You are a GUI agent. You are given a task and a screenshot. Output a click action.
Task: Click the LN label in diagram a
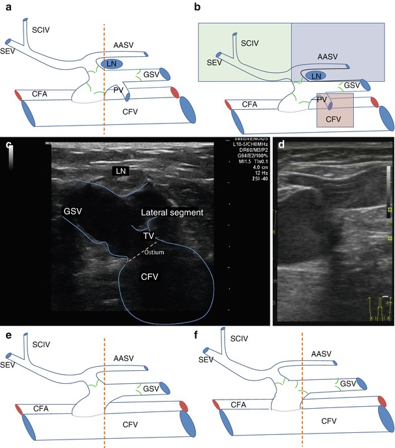point(114,63)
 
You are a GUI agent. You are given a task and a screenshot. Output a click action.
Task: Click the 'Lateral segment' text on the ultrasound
point(172,213)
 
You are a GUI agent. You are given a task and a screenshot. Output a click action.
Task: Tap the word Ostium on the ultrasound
point(152,250)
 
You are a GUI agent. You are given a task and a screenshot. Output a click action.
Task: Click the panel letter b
point(197,7)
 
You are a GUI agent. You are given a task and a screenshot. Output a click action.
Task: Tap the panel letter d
point(280,145)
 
